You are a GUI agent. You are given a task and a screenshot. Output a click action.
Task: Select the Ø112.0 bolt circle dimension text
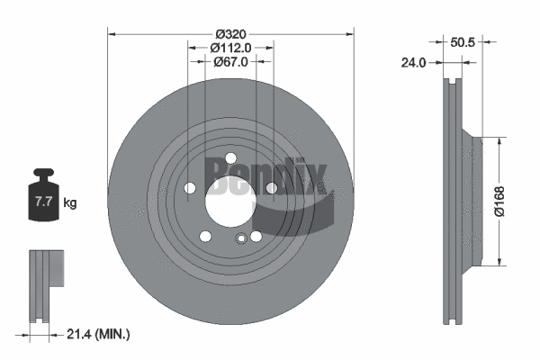coord(230,47)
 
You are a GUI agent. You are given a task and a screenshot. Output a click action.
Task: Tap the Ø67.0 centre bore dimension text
coord(230,61)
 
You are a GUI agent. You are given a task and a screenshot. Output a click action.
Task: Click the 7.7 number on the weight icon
coord(42,202)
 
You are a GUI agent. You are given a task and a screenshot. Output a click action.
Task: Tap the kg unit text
coord(70,202)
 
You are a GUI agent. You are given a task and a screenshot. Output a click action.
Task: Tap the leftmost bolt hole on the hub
coord(190,187)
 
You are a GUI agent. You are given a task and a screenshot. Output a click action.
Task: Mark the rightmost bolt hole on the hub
coord(271,187)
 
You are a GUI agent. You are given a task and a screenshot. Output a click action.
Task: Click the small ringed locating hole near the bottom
coord(241,238)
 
